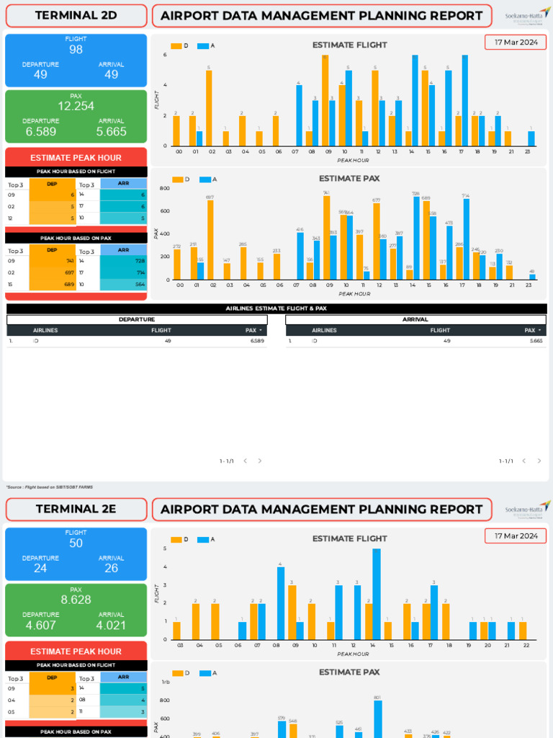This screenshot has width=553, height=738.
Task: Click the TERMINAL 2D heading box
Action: pos(76,15)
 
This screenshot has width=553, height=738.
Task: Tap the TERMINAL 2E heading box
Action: pos(76,509)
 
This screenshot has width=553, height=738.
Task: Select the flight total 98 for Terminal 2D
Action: pos(76,50)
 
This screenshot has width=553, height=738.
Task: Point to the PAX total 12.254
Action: pos(76,106)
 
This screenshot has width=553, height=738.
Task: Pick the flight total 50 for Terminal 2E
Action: pos(76,543)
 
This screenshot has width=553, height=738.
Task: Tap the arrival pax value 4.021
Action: pos(111,625)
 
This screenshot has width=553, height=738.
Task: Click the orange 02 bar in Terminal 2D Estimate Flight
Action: pos(209,108)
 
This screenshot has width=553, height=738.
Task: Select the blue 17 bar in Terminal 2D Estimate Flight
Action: pos(465,100)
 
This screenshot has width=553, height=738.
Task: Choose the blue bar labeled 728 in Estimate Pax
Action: pos(416,239)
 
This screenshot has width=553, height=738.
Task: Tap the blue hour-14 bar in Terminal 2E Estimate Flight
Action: pos(377,594)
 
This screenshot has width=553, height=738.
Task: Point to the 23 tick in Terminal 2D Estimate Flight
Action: pos(529,152)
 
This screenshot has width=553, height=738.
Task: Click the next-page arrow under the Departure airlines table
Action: pos(260,461)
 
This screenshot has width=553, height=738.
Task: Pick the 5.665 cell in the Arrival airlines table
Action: pos(536,341)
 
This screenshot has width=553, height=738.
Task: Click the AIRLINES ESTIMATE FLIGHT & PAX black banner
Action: pos(276,308)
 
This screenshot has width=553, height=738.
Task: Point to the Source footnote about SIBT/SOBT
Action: pos(48,487)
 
